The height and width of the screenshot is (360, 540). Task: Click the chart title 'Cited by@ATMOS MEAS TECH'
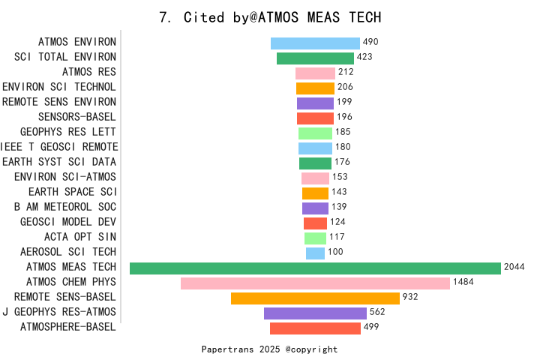(x=270, y=17)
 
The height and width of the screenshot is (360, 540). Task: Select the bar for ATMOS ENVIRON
(x=315, y=43)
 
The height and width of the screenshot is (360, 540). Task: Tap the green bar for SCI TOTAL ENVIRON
(x=315, y=58)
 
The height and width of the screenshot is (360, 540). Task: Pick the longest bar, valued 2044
(x=315, y=268)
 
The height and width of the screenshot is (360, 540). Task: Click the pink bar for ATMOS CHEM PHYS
(x=315, y=283)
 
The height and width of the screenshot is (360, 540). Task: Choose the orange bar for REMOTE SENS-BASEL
(x=315, y=298)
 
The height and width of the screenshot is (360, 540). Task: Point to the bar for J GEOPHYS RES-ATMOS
(x=315, y=313)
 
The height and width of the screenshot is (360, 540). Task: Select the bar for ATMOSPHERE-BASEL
(x=315, y=328)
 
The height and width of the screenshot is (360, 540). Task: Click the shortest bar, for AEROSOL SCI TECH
(x=315, y=253)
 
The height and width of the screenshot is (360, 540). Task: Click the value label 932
(x=410, y=297)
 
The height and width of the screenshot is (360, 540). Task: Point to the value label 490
(x=370, y=42)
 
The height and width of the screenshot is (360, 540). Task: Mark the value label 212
(x=346, y=72)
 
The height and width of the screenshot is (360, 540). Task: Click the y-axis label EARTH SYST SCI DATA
(x=59, y=162)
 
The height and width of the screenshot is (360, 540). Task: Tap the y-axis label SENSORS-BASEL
(x=77, y=117)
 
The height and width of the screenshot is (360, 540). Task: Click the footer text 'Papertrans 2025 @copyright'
(x=270, y=349)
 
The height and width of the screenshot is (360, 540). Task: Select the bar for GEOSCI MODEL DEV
(x=315, y=223)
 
